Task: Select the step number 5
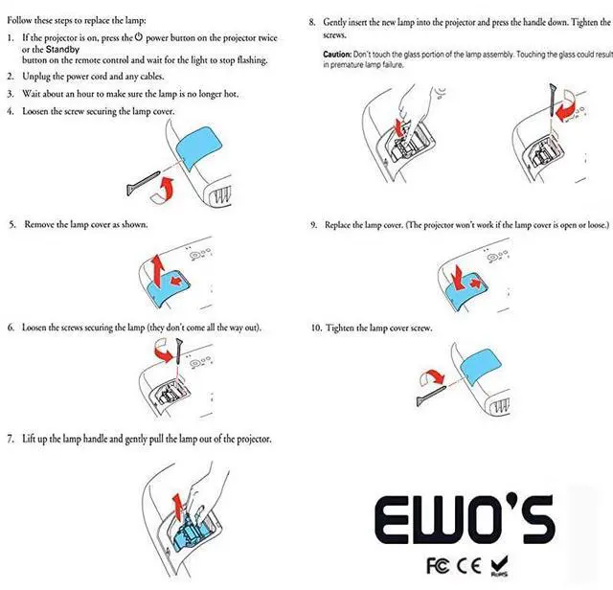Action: tap(11, 224)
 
